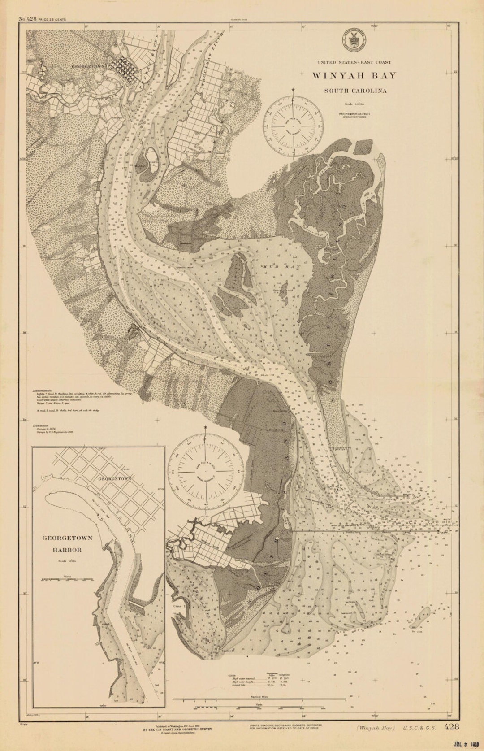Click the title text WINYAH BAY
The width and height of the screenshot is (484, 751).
[354, 75]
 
